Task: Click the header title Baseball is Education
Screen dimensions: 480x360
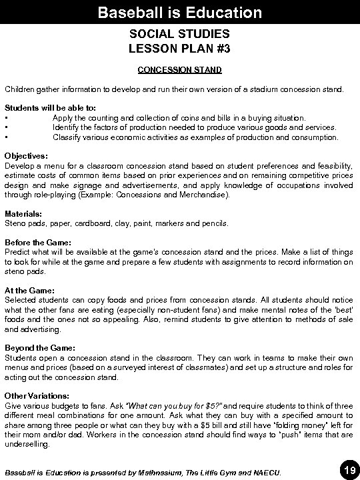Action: pos(179,12)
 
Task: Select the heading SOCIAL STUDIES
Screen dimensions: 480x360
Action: pos(179,33)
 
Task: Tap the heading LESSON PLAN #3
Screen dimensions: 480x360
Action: pos(179,48)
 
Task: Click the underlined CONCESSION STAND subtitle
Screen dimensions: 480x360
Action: pos(179,69)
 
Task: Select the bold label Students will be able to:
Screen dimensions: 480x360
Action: pos(41,107)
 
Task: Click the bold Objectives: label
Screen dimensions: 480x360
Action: pos(27,155)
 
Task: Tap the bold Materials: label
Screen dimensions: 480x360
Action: pos(24,213)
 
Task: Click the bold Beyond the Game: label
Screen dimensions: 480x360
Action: pos(40,348)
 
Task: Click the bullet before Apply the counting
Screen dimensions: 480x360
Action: pos(6,117)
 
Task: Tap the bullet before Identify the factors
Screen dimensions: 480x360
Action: pos(6,127)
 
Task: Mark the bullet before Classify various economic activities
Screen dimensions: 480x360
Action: pos(6,137)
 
